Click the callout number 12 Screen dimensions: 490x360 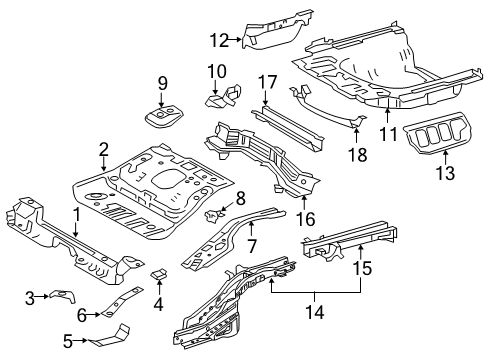tap(219, 41)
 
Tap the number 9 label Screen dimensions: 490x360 tap(163, 83)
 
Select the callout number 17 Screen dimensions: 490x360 tap(268, 82)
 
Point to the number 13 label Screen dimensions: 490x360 tap(445, 173)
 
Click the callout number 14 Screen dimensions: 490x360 tap(314, 312)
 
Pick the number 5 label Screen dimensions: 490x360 tap(68, 341)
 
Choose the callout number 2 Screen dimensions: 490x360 tap(104, 150)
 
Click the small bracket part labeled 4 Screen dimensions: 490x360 tap(160, 275)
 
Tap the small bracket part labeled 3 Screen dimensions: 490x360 tap(63, 295)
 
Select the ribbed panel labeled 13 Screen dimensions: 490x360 tap(437, 134)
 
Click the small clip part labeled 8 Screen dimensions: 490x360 tap(212, 216)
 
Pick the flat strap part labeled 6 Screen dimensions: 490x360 tap(122, 300)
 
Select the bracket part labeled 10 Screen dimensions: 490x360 tap(223, 96)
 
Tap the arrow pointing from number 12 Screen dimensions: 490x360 tap(236, 39)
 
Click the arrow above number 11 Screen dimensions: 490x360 tap(387, 114)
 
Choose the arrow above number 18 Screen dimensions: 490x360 tap(356, 134)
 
